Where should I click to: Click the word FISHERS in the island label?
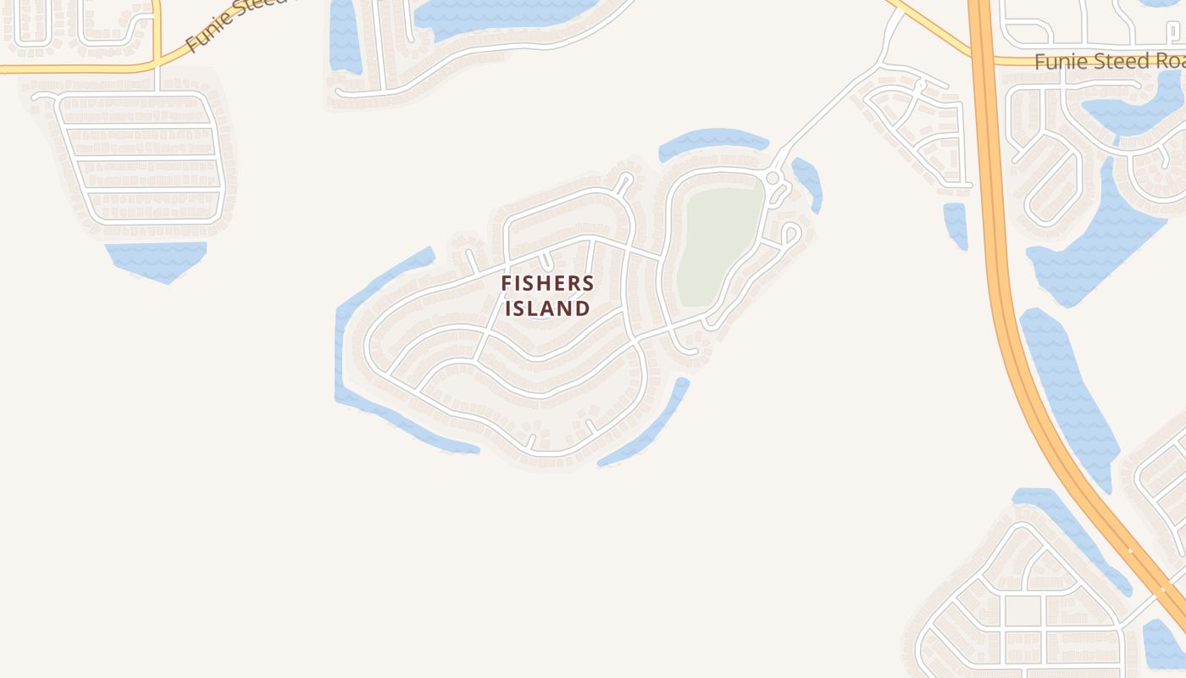[547, 283]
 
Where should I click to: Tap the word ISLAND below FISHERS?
[547, 308]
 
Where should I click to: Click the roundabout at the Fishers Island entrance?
[772, 178]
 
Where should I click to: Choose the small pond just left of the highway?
[956, 225]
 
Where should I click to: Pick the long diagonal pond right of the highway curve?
[1072, 398]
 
